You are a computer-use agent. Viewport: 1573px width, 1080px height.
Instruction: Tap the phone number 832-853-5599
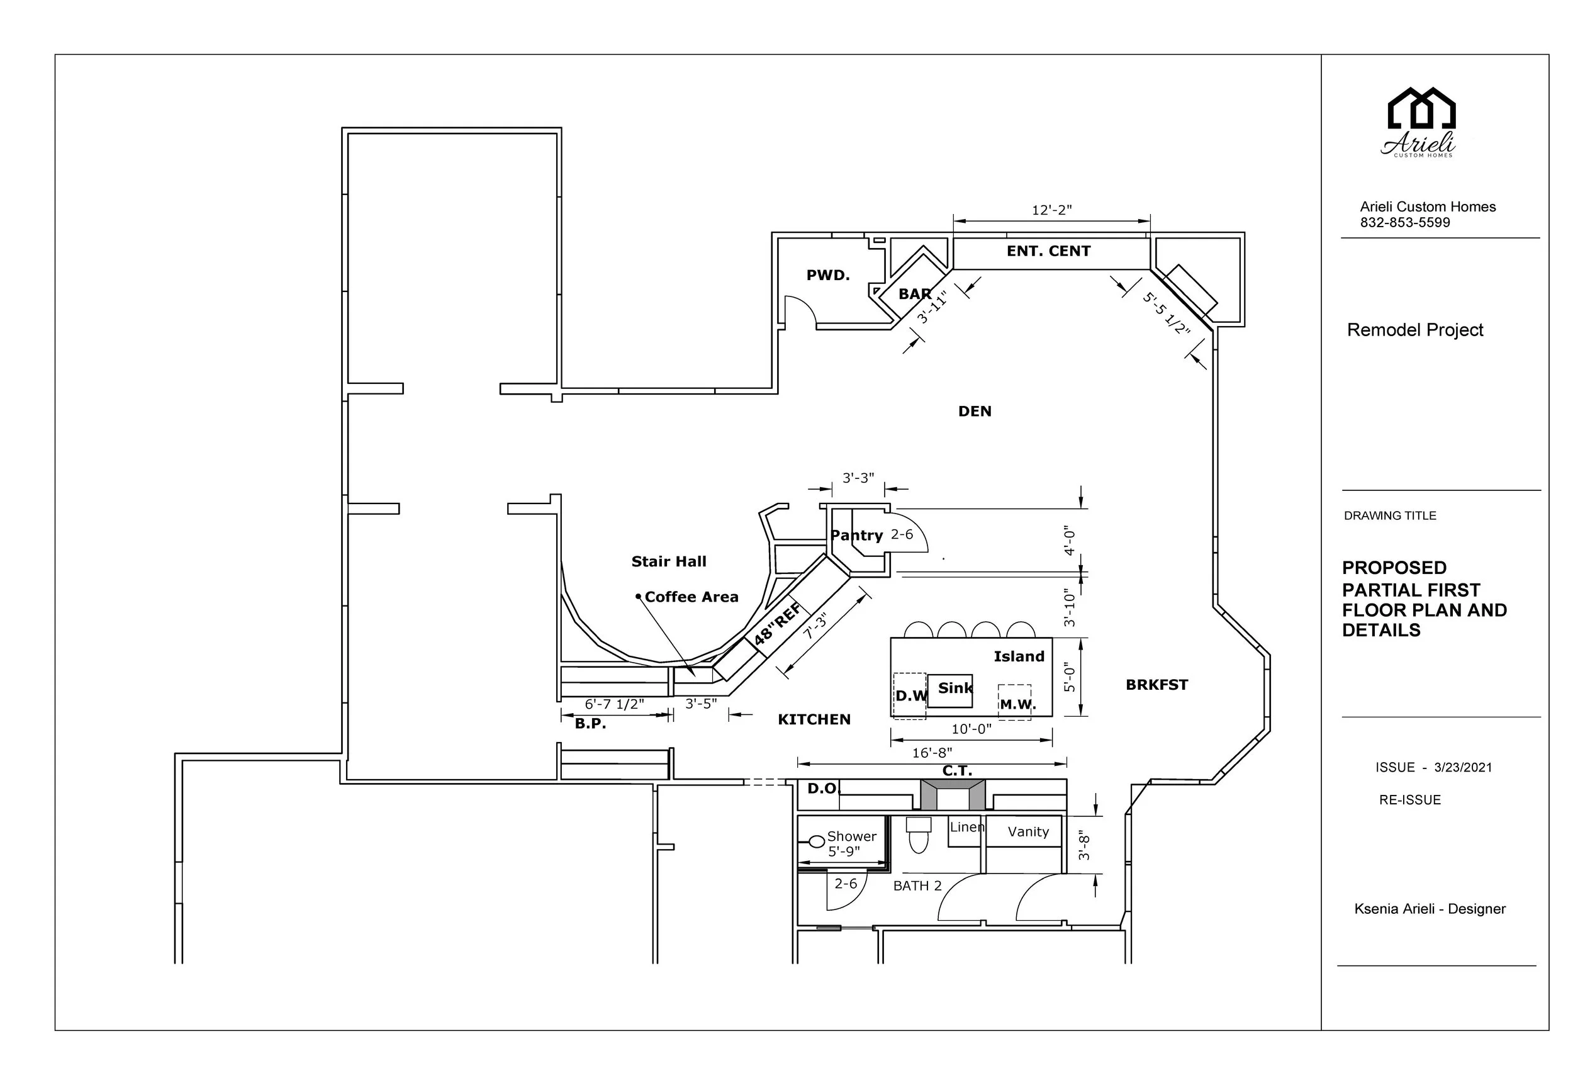tap(1404, 223)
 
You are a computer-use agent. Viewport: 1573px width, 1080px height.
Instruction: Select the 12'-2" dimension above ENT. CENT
tap(1051, 210)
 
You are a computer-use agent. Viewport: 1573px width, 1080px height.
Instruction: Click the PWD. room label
tap(827, 275)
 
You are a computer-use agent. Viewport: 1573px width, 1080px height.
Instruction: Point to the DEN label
tap(974, 411)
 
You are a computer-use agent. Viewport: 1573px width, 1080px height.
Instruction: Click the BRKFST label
tap(1156, 685)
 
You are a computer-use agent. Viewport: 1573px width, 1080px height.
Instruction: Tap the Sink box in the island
tap(949, 690)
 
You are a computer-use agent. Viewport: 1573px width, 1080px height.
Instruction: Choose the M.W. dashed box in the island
tap(1015, 702)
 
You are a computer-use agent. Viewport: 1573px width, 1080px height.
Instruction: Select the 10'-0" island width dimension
tap(971, 729)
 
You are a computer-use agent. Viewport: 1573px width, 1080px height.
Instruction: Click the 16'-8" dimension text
tap(931, 753)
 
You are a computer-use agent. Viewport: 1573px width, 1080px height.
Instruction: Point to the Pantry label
tap(856, 535)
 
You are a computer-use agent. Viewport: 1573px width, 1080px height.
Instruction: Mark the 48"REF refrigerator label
tap(778, 624)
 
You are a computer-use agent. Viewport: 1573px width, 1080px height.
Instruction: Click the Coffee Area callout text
tap(690, 597)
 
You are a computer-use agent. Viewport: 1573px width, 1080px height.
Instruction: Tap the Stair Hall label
tap(668, 561)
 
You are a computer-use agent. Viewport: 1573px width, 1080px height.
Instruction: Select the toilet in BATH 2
tap(918, 836)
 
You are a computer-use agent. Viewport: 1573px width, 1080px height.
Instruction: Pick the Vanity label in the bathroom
tap(1027, 831)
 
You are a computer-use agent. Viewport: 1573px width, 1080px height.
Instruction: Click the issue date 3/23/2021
tap(1463, 767)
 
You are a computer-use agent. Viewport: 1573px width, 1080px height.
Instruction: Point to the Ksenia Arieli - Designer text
tap(1430, 909)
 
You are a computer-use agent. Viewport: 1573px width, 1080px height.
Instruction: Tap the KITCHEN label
tap(814, 720)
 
